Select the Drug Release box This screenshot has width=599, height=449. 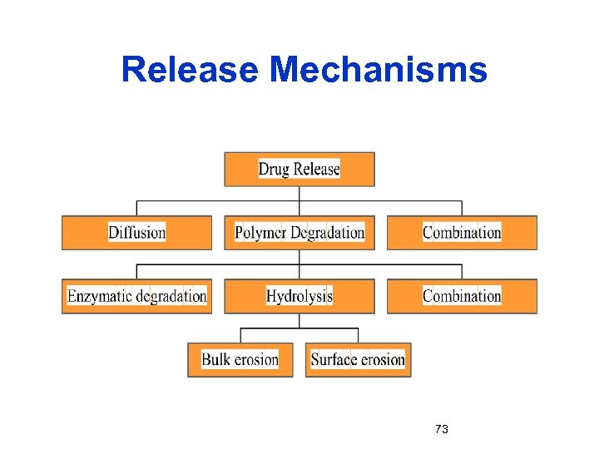coord(299,169)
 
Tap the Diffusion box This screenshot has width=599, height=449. coord(136,233)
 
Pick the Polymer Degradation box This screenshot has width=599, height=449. coord(299,233)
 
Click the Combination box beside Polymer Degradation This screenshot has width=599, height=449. coord(462,233)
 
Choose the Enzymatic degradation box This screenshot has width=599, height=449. coord(136,296)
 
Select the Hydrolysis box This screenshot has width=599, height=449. coord(299,296)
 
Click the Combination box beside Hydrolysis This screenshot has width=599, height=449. coord(462,296)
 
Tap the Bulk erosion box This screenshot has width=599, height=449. coord(240,360)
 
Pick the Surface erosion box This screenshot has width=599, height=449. coord(358,360)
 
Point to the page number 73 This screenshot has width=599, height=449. coord(442,429)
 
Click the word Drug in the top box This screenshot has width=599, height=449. coord(274,169)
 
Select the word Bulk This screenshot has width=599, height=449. coord(215,360)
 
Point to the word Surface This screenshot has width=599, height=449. coord(334,360)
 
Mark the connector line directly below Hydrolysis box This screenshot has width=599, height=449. coord(299,321)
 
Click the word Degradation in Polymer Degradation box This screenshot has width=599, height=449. coord(328,233)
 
